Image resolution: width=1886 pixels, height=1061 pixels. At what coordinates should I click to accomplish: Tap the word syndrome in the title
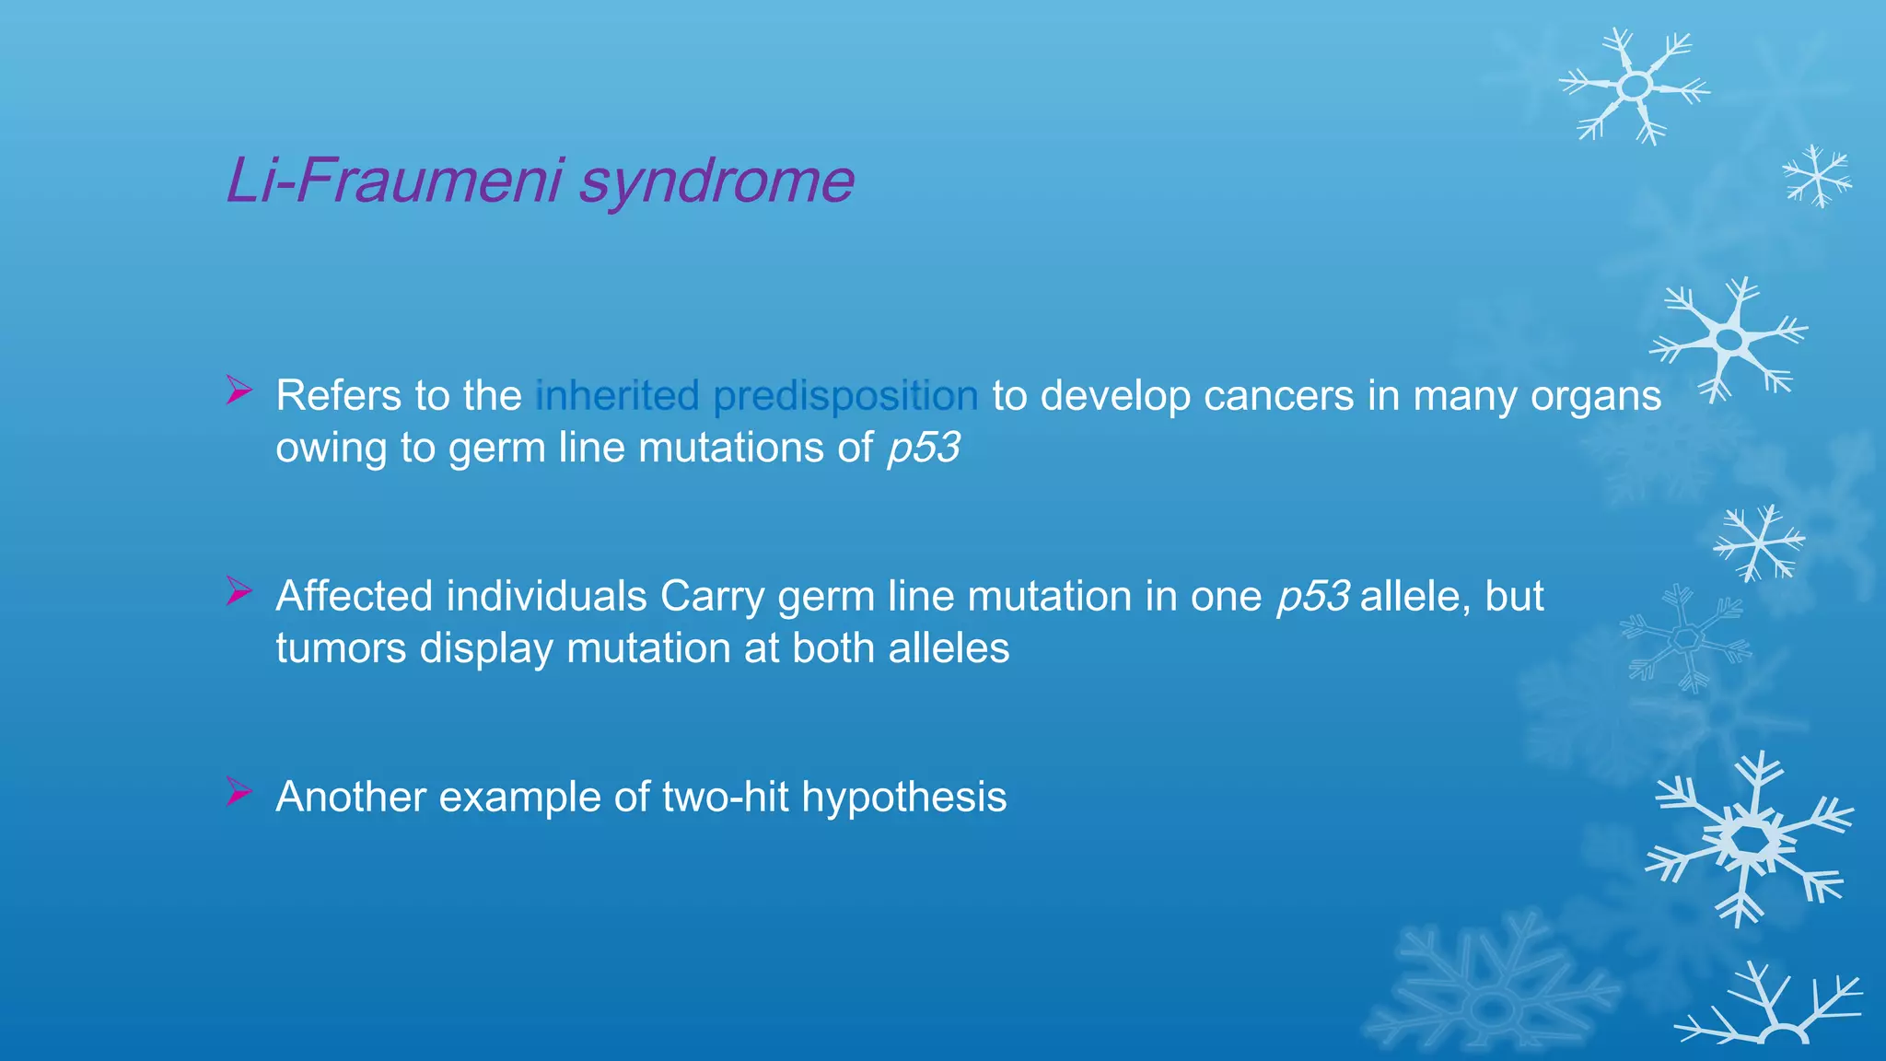coord(716,181)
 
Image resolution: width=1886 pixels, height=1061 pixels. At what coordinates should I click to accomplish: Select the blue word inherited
coord(617,396)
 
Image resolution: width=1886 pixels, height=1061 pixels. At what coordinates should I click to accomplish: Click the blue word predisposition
coord(845,397)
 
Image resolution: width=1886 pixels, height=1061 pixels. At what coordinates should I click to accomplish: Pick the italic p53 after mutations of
coord(924,449)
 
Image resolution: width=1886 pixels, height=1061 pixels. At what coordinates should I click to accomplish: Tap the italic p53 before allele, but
coord(1313,597)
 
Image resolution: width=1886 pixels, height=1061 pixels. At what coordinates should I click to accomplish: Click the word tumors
coord(341,648)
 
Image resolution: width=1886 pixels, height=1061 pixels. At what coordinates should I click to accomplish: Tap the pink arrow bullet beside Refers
coord(239,391)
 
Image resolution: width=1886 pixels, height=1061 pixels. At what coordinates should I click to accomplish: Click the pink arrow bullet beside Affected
coord(239,591)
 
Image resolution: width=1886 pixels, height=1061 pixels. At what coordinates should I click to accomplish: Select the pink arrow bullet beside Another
coord(239,792)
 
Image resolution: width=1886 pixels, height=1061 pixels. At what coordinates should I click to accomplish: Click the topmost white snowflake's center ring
coord(1635,87)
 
